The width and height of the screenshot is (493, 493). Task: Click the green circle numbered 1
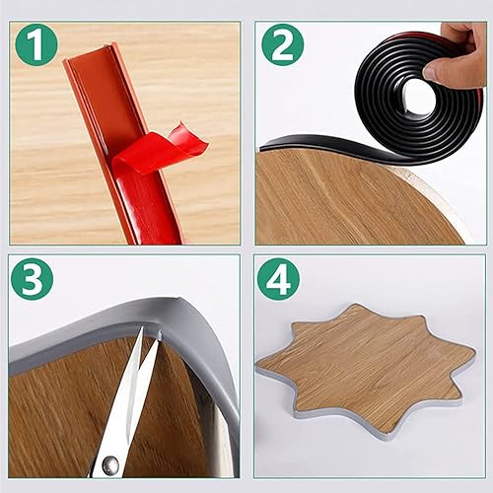point(36,44)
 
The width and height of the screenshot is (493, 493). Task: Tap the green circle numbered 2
point(282,44)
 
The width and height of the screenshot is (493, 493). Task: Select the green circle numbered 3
point(32,279)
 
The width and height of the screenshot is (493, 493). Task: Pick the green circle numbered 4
point(278,279)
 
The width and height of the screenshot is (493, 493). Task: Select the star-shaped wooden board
point(365,367)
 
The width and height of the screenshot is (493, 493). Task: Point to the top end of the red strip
point(87,54)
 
